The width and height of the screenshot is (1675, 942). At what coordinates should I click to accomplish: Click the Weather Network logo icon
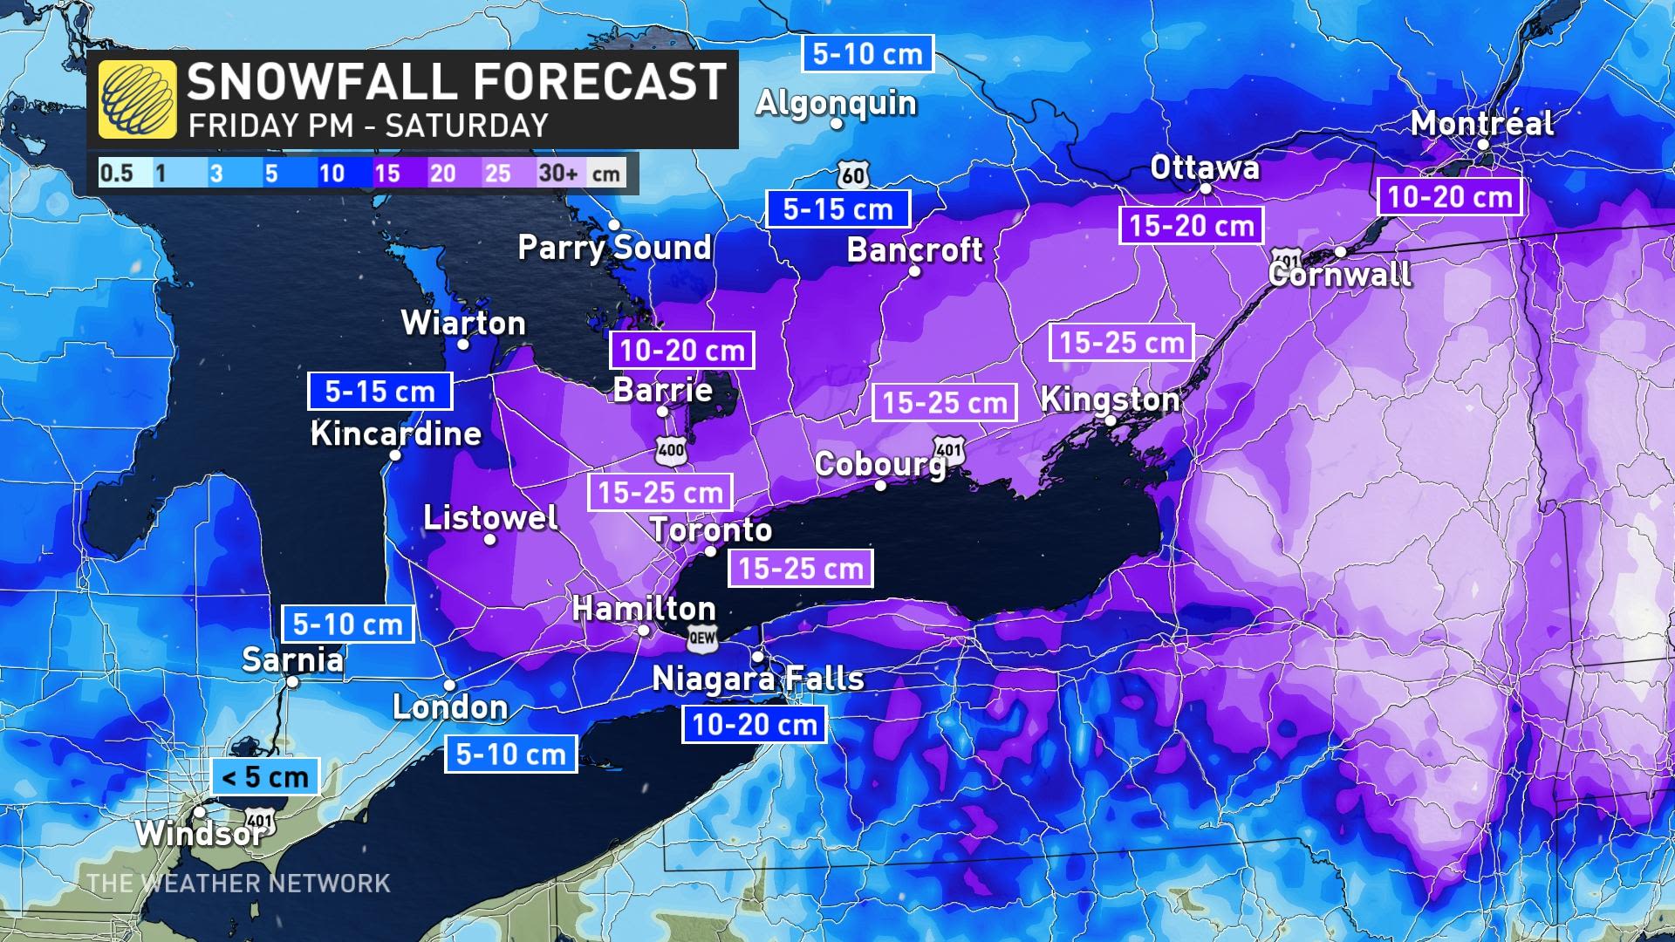point(137,99)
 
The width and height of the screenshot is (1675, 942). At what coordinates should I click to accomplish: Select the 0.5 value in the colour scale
point(117,173)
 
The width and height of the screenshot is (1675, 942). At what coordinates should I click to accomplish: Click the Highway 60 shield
point(853,175)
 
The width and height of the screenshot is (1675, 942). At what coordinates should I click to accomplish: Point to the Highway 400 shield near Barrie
point(671,450)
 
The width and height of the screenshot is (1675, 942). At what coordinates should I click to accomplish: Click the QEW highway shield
point(702,638)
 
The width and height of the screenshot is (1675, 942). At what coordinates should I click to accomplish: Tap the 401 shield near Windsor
point(259,819)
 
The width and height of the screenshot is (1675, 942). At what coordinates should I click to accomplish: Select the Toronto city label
point(711,529)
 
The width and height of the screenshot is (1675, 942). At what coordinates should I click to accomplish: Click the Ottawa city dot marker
point(1206,188)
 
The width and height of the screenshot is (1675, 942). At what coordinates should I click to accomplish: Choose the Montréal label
point(1482,123)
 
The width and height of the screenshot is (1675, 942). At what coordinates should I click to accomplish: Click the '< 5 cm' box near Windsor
point(265,776)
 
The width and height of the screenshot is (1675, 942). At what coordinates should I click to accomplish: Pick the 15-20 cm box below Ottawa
point(1191,226)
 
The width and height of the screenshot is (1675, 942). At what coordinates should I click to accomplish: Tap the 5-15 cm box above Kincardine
point(379,391)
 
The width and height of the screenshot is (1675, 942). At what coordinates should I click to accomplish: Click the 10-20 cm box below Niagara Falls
point(754,724)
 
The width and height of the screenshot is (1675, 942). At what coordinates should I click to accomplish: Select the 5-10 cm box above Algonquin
point(867,53)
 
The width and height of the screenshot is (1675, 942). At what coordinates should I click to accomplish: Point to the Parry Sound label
point(615,248)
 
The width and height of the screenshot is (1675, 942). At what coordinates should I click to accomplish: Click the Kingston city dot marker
point(1111,420)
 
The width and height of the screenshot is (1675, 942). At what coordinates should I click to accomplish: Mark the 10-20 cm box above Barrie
point(681,351)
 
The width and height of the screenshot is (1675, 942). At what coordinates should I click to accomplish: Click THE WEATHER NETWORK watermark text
point(239,883)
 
